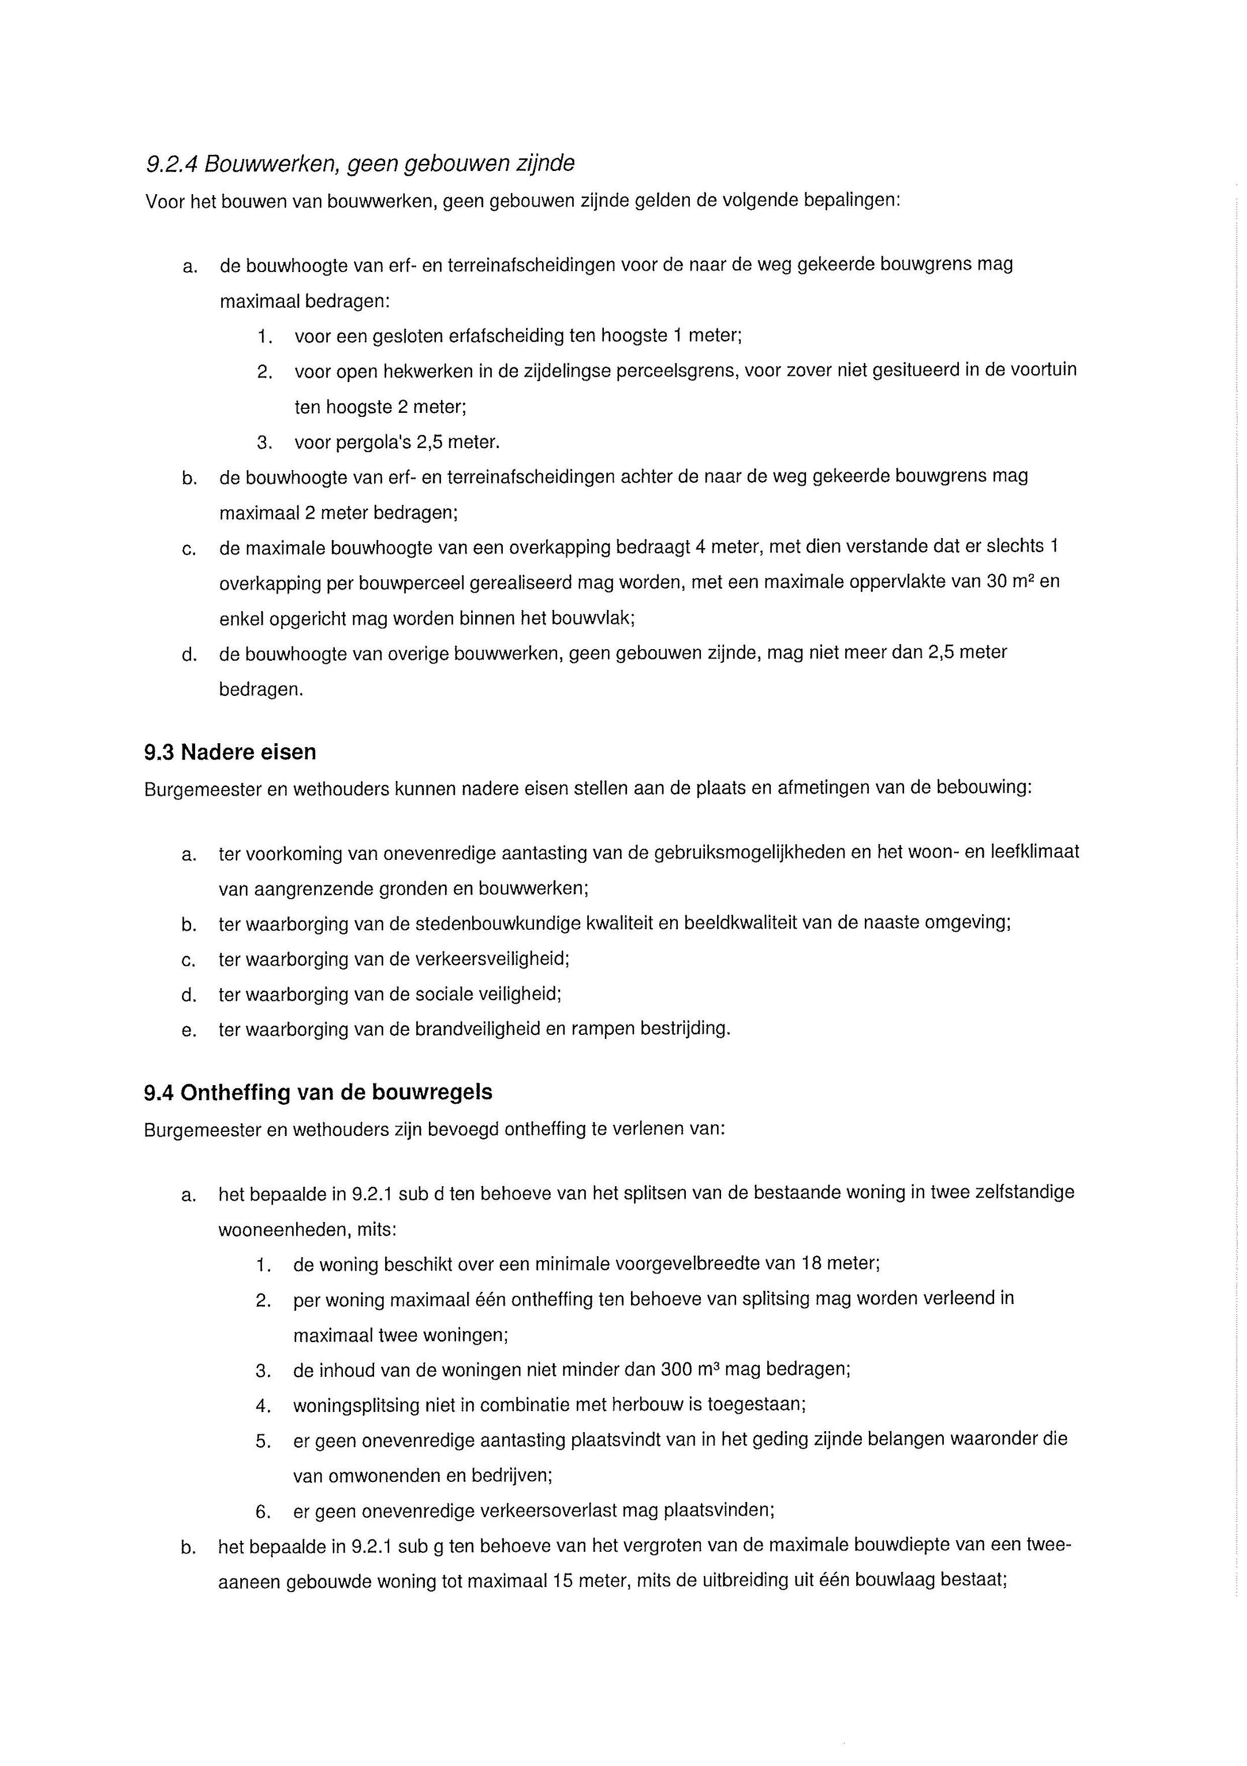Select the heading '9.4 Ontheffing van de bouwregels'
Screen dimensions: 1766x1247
[318, 1092]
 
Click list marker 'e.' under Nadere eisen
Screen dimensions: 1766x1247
[188, 1030]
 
